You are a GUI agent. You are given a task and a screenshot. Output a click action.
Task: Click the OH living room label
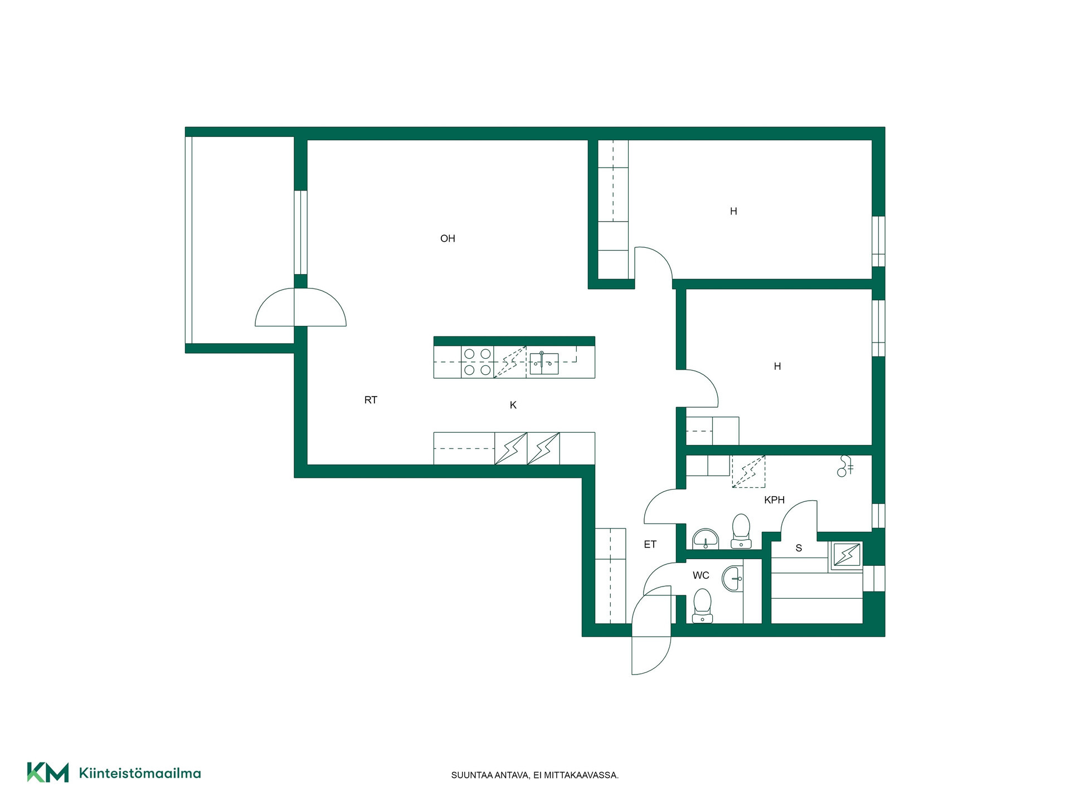(448, 238)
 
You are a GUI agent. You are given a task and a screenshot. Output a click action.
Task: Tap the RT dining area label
(371, 400)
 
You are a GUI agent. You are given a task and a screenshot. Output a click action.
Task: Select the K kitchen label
(513, 405)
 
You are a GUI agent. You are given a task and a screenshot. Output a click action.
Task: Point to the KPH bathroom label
(774, 500)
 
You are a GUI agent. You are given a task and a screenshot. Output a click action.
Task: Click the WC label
(701, 575)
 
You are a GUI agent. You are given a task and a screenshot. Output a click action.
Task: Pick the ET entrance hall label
(650, 544)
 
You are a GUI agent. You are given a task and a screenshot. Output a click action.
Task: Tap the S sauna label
(799, 548)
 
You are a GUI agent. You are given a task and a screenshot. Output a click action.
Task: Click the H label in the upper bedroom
(733, 211)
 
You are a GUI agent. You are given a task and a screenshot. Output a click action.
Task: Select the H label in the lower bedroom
(777, 366)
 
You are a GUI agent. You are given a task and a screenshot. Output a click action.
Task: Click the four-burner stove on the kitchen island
(478, 362)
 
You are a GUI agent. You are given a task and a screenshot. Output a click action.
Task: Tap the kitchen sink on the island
(544, 363)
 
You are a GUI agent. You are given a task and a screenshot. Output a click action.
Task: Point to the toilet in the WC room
(702, 605)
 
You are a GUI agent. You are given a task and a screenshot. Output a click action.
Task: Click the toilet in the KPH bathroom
(741, 531)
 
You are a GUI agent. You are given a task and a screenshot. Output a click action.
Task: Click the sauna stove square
(847, 555)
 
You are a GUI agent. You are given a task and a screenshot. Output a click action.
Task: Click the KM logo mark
(48, 772)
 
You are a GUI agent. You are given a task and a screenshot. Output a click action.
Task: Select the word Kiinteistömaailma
(140, 773)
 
